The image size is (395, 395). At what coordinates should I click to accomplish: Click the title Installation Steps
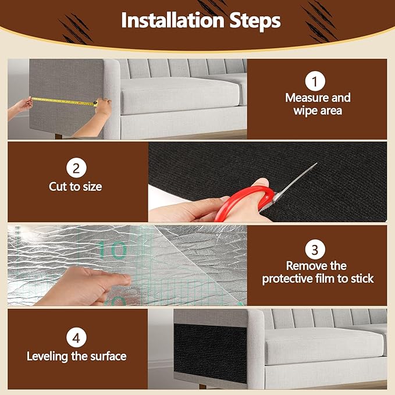coord(201,21)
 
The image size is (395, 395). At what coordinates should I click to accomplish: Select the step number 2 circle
coord(76,169)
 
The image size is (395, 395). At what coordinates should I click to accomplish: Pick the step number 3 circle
coord(315,251)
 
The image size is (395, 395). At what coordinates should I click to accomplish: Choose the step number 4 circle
coord(75,337)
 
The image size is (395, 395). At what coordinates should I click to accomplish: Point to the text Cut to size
coord(76,187)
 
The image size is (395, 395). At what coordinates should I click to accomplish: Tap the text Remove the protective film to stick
coord(318,272)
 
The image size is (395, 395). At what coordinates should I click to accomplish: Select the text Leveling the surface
coord(76,355)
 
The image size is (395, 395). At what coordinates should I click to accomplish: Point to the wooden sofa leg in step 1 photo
coord(59,136)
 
